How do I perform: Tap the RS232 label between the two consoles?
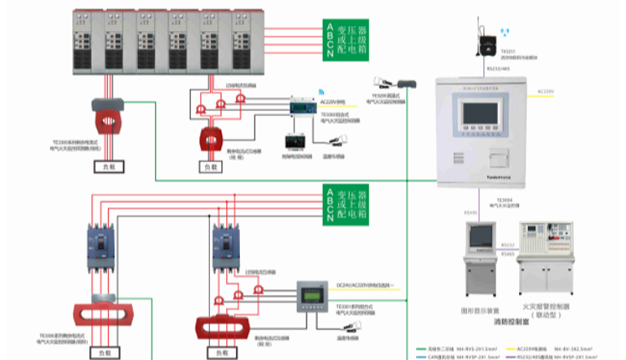[508, 245]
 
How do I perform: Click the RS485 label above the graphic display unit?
[470, 212]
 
